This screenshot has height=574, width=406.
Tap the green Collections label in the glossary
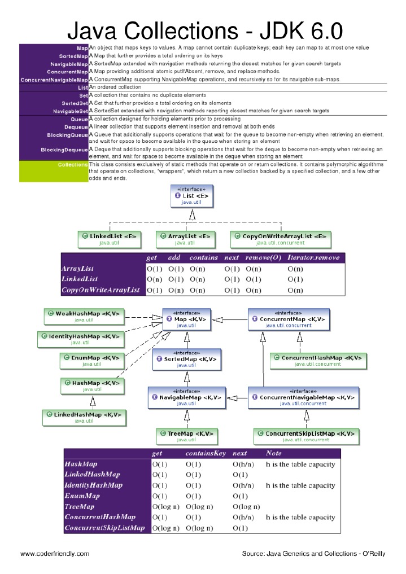point(72,164)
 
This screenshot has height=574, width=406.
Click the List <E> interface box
point(191,196)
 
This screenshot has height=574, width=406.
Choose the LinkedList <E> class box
point(109,239)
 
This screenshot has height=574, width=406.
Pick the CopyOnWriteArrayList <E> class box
point(281,239)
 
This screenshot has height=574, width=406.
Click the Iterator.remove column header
point(313,257)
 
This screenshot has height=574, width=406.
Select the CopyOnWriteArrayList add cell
point(176,290)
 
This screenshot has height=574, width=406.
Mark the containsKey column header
point(206,453)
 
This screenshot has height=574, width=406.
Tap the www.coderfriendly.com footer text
point(55,554)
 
